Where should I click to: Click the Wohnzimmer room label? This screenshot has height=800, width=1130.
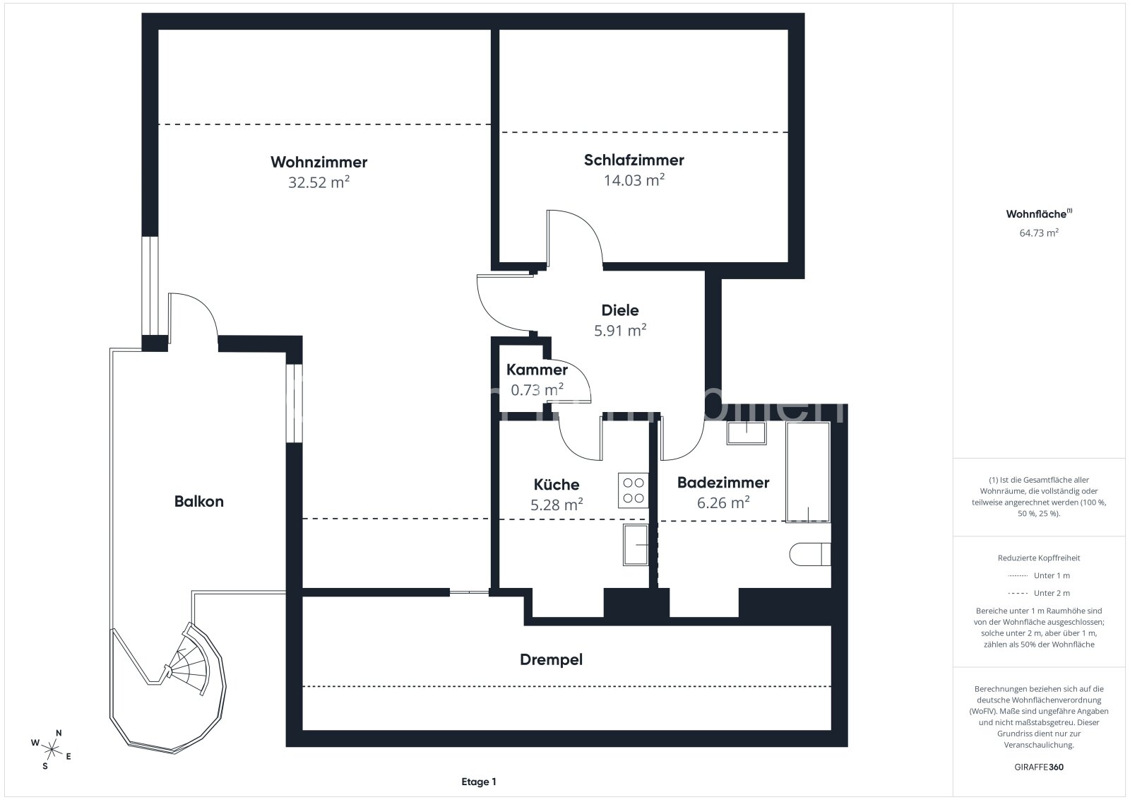319,162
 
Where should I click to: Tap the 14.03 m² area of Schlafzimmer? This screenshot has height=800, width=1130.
634,180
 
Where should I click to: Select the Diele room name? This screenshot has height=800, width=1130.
620,310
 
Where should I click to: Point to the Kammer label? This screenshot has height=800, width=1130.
537,370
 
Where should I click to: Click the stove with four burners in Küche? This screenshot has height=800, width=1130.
633,490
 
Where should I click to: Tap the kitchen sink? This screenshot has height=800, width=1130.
636,544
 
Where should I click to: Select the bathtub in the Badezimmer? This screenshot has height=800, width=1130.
808,472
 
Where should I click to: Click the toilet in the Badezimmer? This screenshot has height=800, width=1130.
810,554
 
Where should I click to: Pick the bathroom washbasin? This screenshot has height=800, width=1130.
746,433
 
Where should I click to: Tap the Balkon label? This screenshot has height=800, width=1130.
198,501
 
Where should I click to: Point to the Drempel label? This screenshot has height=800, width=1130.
551,659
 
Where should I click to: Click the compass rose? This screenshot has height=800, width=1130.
51,750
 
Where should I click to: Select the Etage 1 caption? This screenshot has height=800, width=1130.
479,782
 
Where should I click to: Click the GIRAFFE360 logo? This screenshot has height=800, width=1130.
1039,767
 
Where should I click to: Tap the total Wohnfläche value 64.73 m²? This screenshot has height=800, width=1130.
1039,233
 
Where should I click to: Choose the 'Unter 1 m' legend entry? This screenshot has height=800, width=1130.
1039,575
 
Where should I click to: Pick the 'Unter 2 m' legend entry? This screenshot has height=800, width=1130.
1039,593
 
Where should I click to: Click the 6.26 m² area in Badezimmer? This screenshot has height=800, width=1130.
723,502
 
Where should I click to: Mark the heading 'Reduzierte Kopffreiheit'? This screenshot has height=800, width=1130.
1039,558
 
